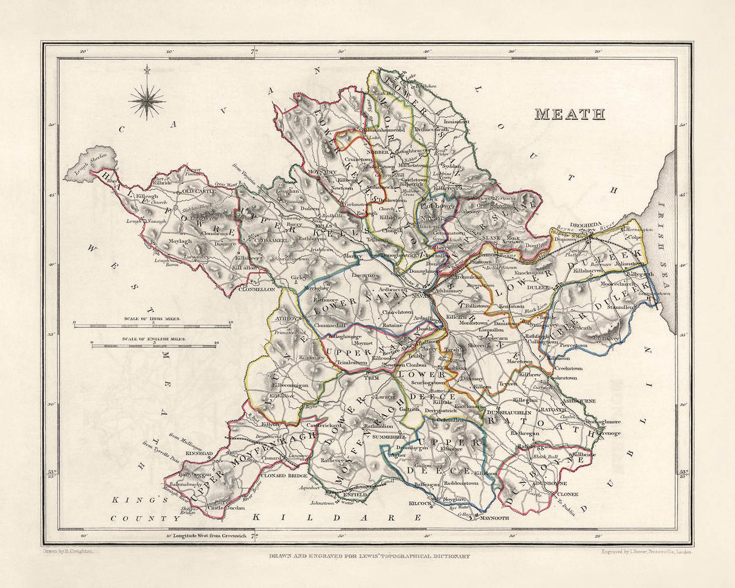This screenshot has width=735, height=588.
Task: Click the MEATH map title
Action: [x=570, y=114]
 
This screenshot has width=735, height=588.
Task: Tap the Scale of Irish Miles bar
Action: [x=152, y=327]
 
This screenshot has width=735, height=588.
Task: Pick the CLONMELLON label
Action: [x=257, y=289]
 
